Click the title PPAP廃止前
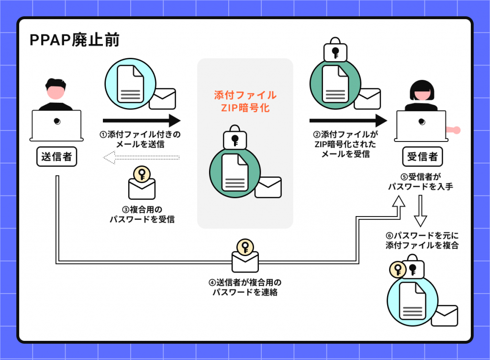coord(74,41)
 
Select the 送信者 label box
coord(56,157)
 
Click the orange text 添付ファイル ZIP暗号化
coord(245,101)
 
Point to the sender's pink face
coord(56,91)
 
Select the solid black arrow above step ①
coord(142,120)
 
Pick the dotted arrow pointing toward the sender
coord(142,156)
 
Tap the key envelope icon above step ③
coord(142,184)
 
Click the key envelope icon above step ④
coord(245,256)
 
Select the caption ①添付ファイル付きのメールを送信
coord(140,139)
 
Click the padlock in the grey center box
coord(234,139)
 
